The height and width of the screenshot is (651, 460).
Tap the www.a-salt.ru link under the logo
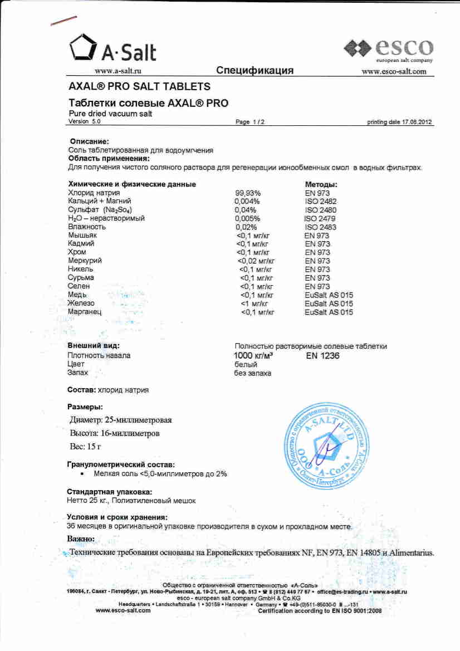[x=119, y=71]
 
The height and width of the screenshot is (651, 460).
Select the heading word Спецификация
[x=255, y=70]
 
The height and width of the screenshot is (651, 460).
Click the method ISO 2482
[x=320, y=201]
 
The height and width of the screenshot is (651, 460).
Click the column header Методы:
[x=321, y=184]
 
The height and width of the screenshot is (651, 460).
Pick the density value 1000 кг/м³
[x=257, y=355]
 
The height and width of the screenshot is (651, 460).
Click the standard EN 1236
[x=322, y=355]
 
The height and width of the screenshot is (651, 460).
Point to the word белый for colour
[x=246, y=364]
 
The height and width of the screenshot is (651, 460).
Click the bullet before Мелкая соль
[x=82, y=474]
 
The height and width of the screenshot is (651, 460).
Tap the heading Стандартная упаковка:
[x=109, y=492]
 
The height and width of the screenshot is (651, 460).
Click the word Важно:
[x=81, y=539]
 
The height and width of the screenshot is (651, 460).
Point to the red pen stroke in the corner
[x=63, y=21]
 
